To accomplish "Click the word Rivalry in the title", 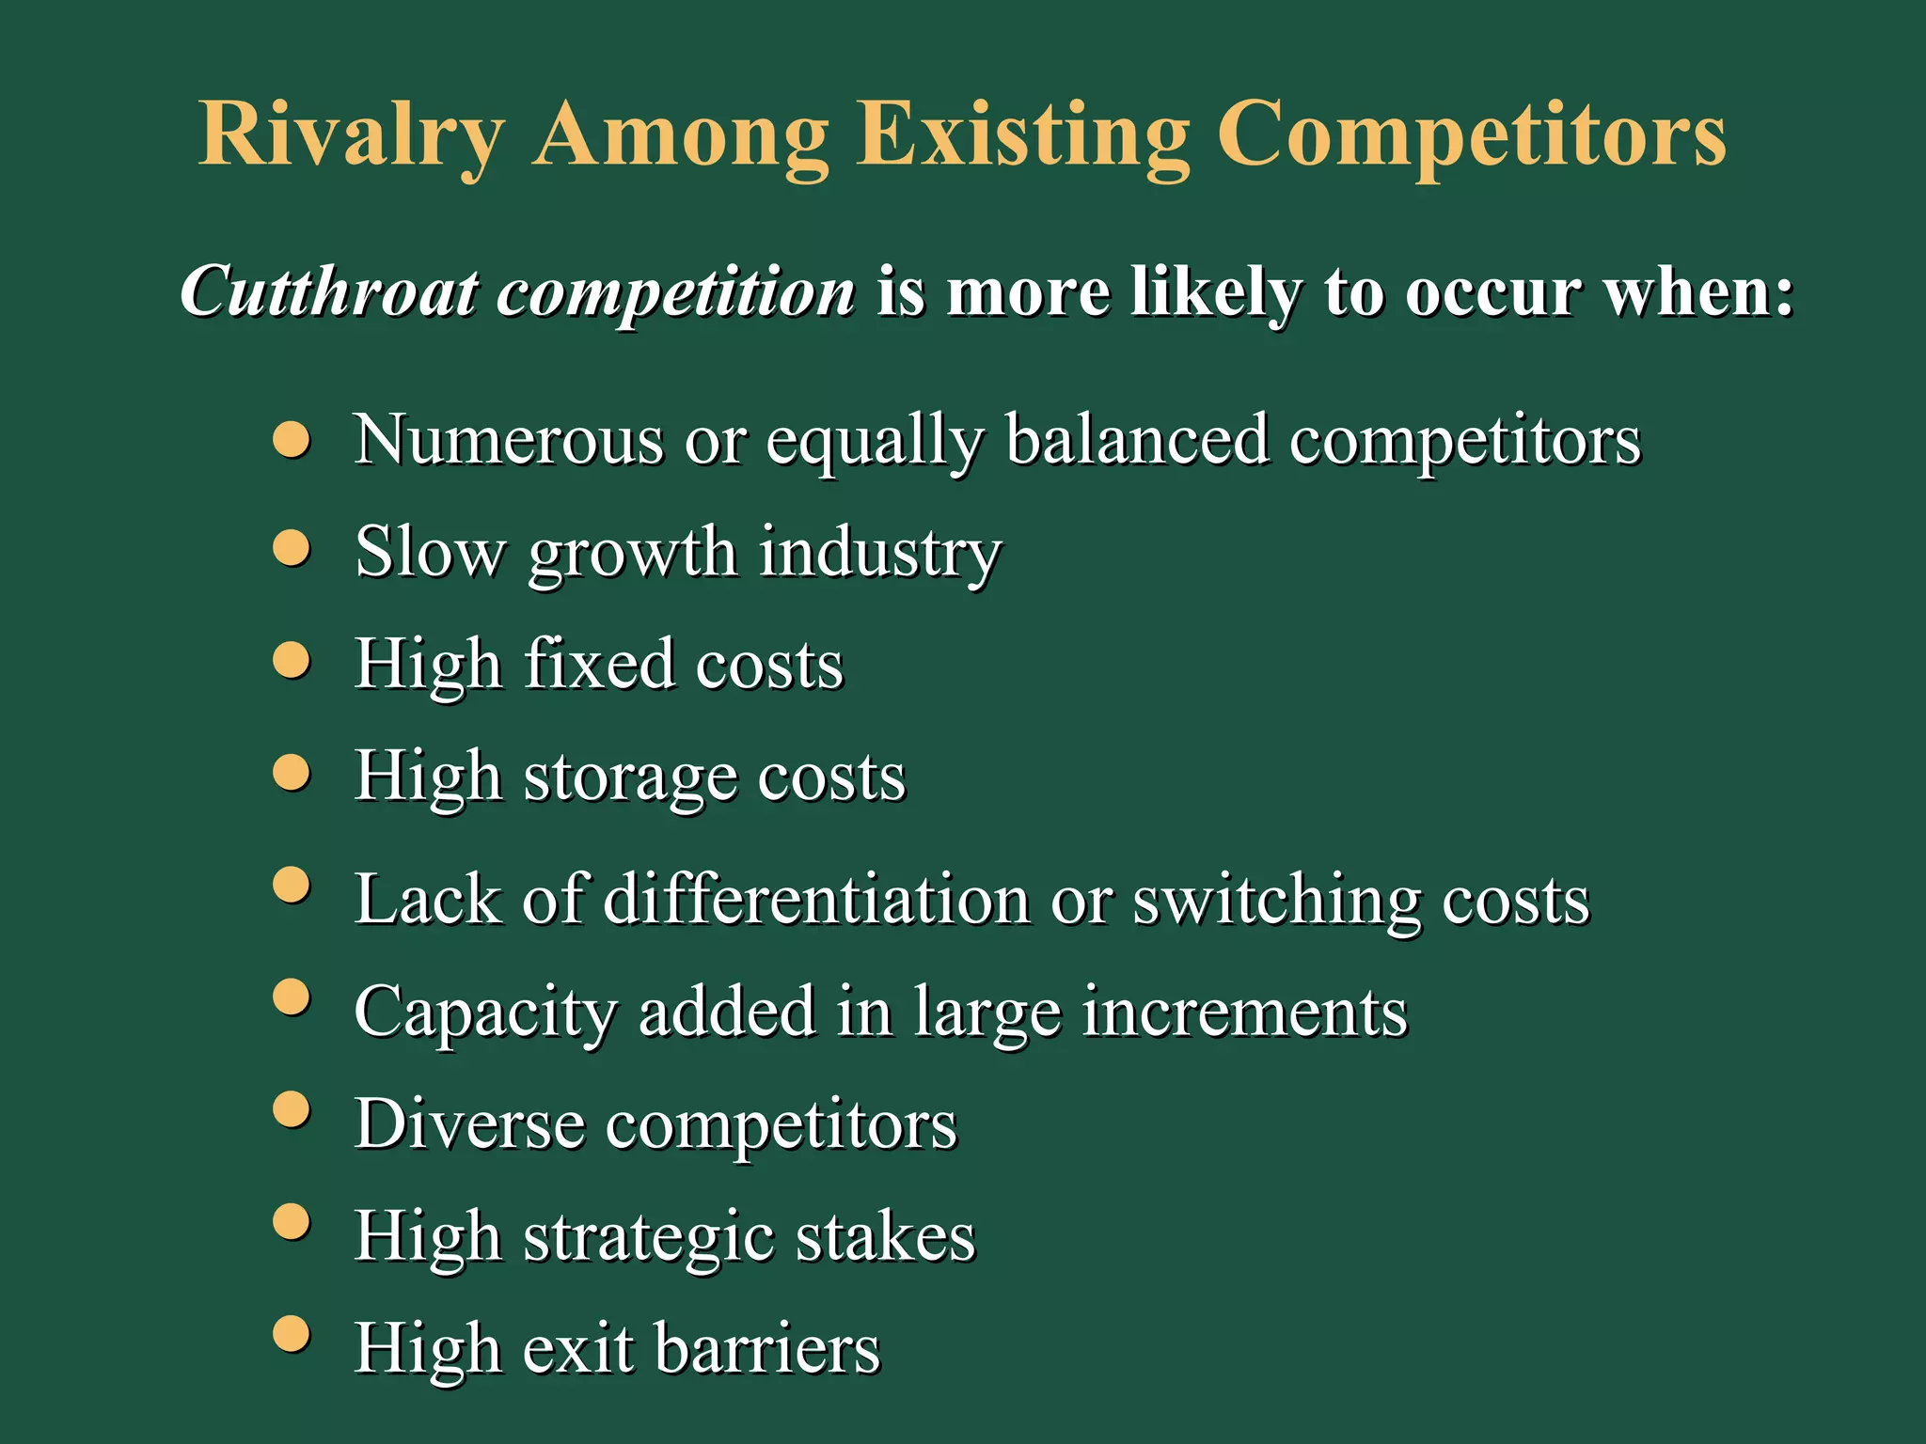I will point(352,136).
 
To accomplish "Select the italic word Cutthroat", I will point(328,292).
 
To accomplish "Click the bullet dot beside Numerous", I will point(292,439).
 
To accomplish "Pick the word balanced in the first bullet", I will point(1136,439).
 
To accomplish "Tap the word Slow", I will point(430,552).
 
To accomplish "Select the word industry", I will point(879,552).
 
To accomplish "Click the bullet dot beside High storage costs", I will point(292,774).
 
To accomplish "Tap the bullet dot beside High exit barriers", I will point(292,1334).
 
